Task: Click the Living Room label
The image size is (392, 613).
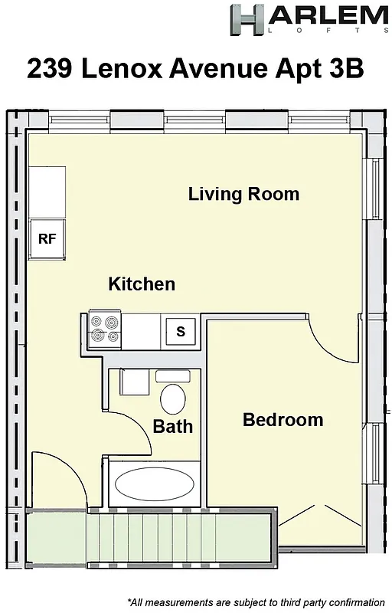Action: (243, 194)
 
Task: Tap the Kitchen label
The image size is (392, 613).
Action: (142, 284)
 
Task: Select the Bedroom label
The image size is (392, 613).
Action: (283, 420)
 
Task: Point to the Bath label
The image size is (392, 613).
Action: (172, 427)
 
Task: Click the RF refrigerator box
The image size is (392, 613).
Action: (47, 238)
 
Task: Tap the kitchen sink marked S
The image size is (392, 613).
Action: (181, 331)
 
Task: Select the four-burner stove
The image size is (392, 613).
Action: (105, 329)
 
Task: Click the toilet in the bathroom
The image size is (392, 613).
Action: (173, 397)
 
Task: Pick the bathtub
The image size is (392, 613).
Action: (153, 484)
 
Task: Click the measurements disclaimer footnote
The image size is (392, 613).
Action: (256, 602)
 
